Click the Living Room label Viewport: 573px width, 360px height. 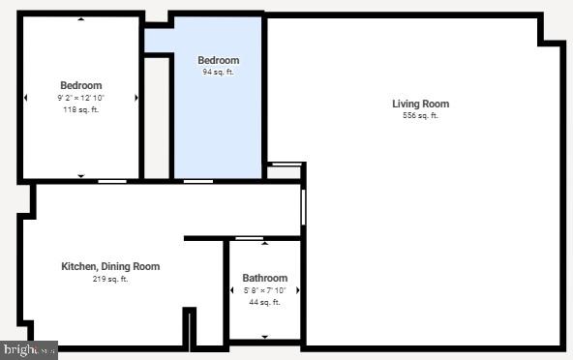tap(420, 104)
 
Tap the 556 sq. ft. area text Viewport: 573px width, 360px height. tap(420, 116)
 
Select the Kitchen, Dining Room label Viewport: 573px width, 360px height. tap(110, 266)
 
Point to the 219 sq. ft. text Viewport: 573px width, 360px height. tap(110, 279)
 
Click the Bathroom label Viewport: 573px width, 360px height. tap(264, 278)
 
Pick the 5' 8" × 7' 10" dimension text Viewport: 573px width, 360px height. tap(264, 290)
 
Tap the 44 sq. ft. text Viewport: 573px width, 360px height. tap(264, 302)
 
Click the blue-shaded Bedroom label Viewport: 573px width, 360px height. tap(218, 60)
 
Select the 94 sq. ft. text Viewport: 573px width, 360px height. tap(218, 72)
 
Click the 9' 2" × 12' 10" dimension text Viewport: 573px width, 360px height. tap(80, 98)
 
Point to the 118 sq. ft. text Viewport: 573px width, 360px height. tap(80, 109)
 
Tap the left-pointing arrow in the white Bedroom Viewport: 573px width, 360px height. tap(25, 98)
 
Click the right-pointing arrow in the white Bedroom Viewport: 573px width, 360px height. tap(136, 98)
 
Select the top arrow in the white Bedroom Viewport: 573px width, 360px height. tap(80, 18)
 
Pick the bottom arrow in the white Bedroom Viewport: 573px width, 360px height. tap(80, 175)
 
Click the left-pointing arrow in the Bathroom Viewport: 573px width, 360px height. tap(232, 290)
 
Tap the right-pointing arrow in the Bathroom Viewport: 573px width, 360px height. tap(297, 290)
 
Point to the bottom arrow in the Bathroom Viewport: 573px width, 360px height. tap(264, 336)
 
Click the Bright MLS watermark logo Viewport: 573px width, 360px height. tap(29, 350)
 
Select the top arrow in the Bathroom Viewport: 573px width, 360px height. tap(264, 243)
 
